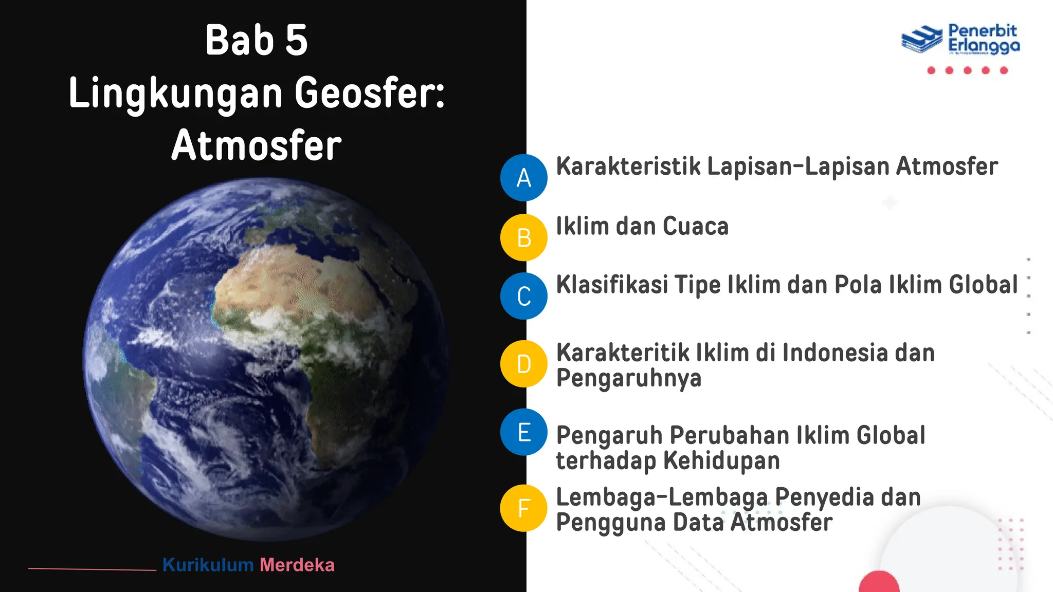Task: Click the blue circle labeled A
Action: (523, 178)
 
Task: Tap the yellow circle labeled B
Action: (523, 237)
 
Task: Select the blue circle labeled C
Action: (523, 296)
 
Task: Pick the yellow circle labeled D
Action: (523, 364)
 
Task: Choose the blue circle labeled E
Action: (523, 432)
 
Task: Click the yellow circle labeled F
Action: (523, 508)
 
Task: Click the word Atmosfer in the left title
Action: (257, 145)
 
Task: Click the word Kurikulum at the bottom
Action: (208, 565)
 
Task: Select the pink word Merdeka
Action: (297, 565)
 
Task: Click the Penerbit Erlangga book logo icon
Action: (921, 39)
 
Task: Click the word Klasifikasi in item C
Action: (612, 285)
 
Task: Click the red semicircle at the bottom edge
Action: (879, 583)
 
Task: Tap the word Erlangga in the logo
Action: (984, 46)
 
